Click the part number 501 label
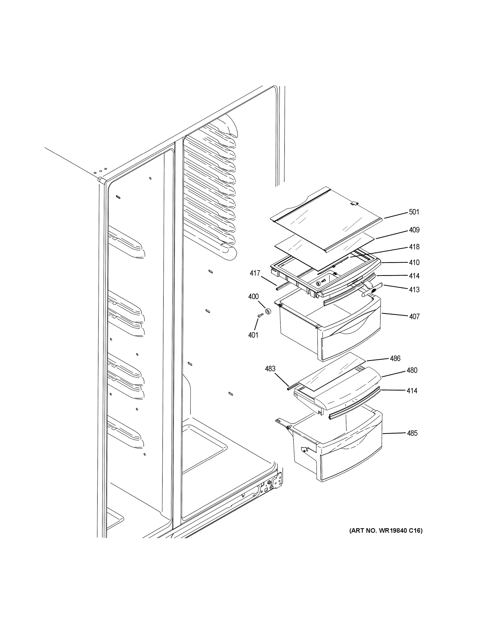[x=414, y=212]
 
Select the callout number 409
[x=414, y=230]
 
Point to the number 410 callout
[x=414, y=262]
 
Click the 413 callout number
[x=414, y=289]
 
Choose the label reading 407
[x=414, y=316]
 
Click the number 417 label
[x=255, y=273]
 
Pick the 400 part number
[x=253, y=297]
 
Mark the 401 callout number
[x=253, y=335]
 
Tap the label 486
[x=395, y=358]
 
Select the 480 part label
[x=412, y=370]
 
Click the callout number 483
[x=270, y=369]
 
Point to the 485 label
[x=412, y=433]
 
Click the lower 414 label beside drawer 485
[x=412, y=391]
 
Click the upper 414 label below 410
[x=414, y=276]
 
